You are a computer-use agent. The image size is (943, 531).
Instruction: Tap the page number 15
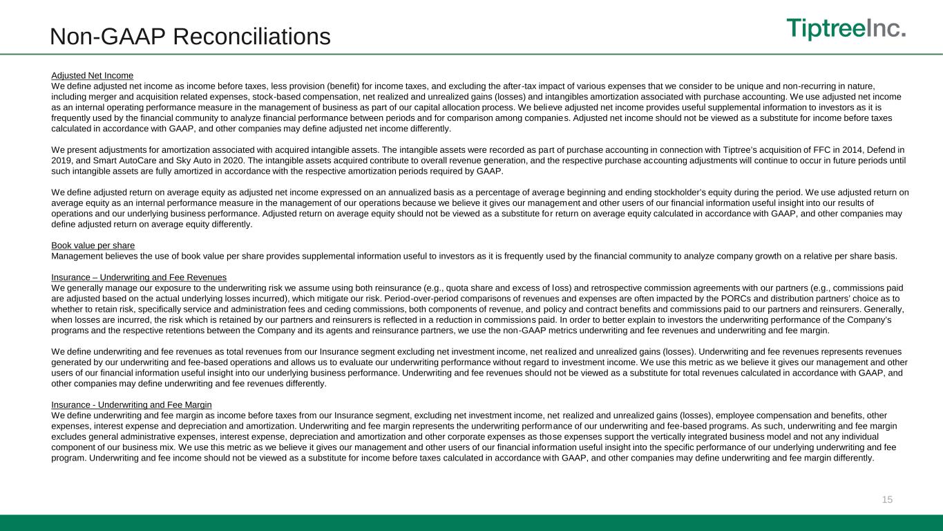coord(887,499)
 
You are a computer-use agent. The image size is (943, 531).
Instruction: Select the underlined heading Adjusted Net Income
coord(92,75)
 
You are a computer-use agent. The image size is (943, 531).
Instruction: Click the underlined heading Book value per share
coord(93,245)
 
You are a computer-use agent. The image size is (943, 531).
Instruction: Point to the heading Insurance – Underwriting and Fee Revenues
coord(139,277)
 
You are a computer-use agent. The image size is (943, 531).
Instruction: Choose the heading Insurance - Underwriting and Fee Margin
coord(131,404)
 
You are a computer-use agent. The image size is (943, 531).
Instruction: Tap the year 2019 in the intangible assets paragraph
coord(63,160)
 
